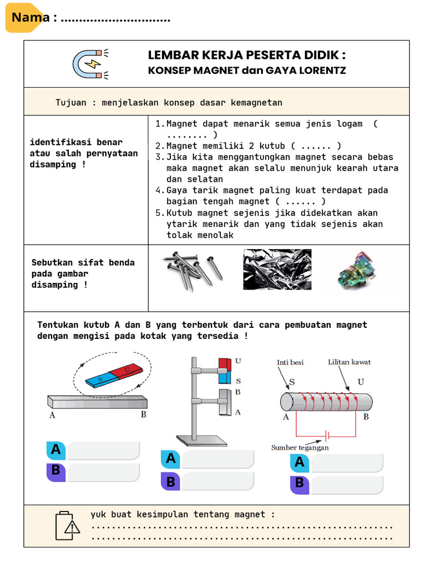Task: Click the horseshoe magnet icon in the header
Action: pos(90,63)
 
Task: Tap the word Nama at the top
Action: pos(31,18)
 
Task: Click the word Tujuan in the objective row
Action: pos(71,103)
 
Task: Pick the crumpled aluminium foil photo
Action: pos(277,269)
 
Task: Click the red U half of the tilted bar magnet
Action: pos(126,371)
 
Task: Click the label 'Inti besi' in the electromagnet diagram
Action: pos(290,363)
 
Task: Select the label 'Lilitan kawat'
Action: pos(349,362)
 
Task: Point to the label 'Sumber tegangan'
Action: pos(300,448)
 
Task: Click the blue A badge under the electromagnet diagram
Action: pos(300,463)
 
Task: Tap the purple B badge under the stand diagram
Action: pos(171,481)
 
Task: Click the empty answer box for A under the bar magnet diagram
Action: pos(103,450)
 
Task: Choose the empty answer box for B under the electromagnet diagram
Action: pos(347,484)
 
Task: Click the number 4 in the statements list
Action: pos(158,191)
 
